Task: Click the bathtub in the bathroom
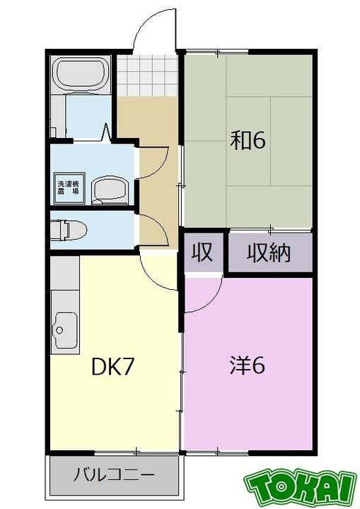click(81, 74)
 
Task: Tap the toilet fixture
click(69, 230)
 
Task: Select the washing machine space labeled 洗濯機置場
click(69, 188)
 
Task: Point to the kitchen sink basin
click(66, 330)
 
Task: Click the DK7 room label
click(112, 367)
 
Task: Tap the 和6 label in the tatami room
click(248, 140)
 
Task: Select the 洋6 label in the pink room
click(248, 365)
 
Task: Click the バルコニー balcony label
click(113, 475)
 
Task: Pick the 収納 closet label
click(268, 253)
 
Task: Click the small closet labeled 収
click(204, 252)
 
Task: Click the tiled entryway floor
click(147, 76)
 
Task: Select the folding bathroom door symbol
click(107, 132)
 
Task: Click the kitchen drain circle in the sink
click(59, 330)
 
